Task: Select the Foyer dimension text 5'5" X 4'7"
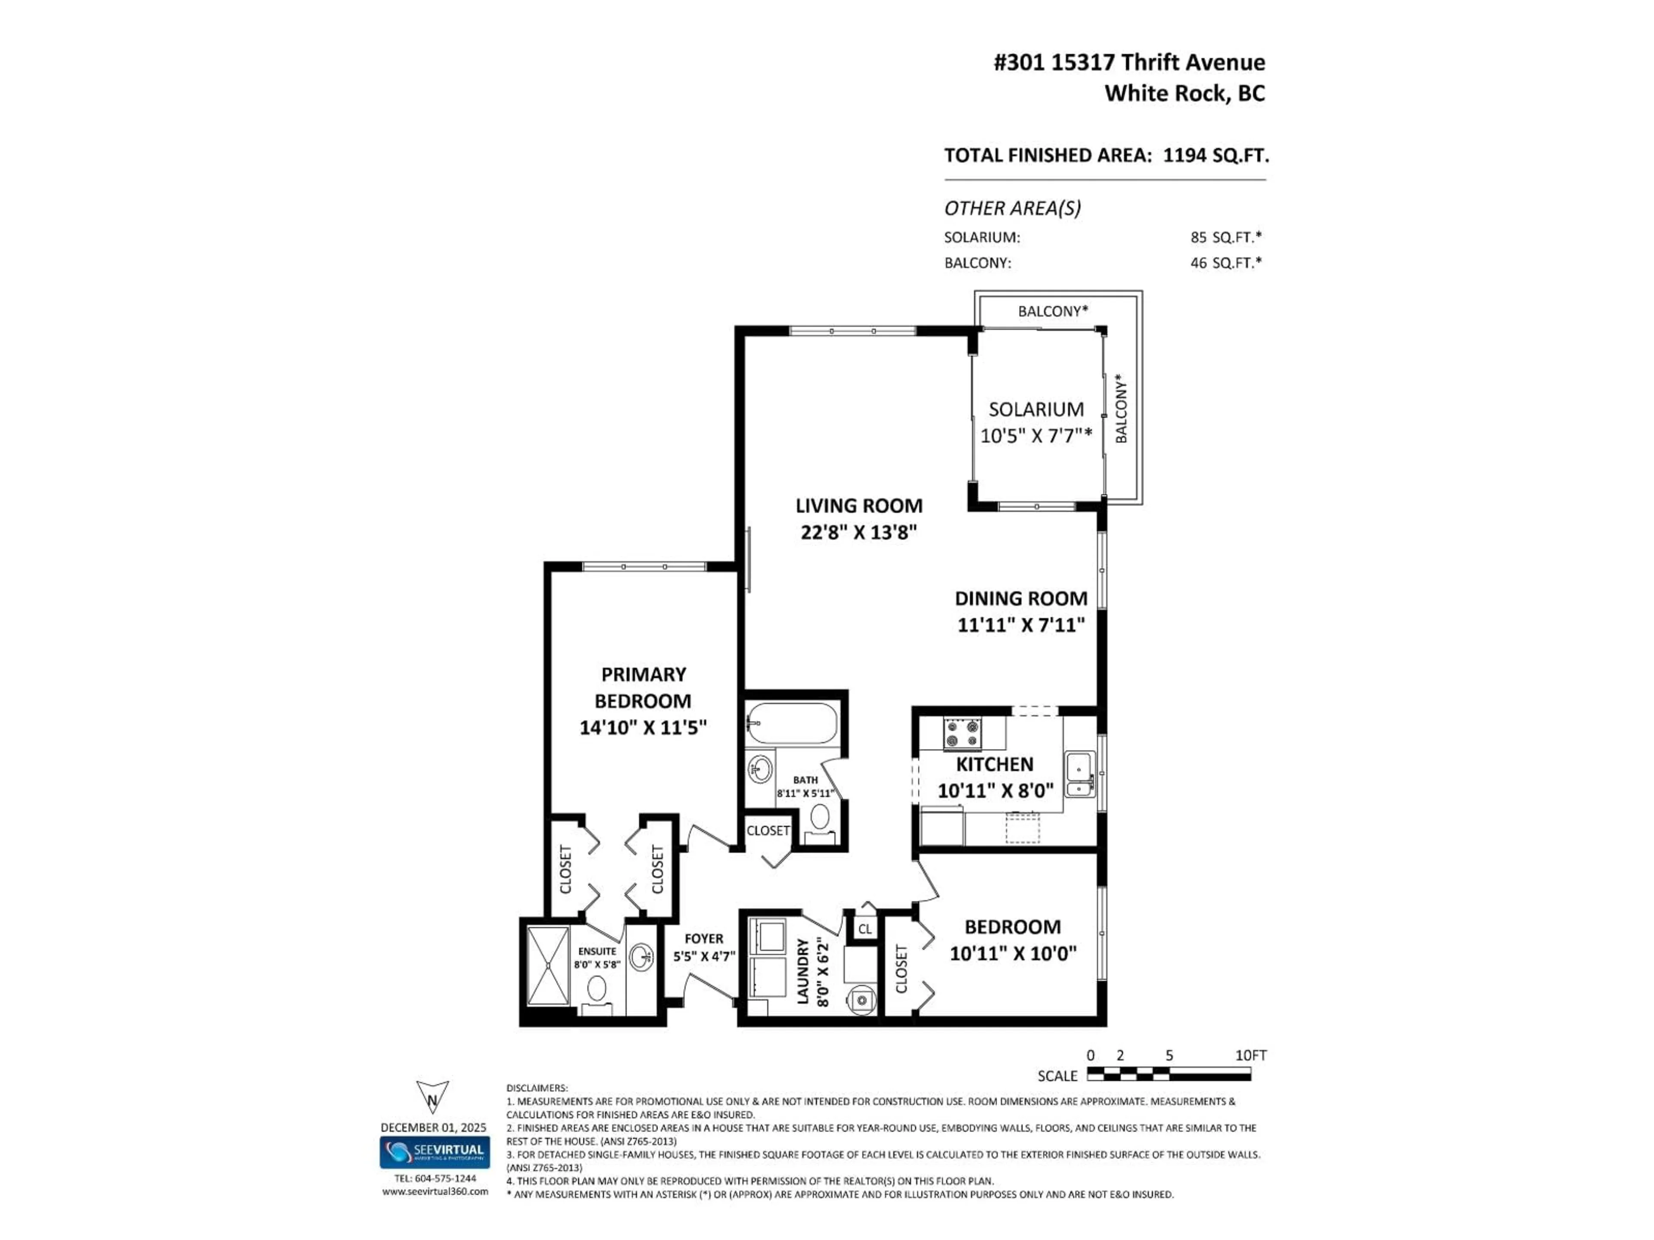[704, 956]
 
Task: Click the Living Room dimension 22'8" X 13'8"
[858, 532]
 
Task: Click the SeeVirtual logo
[435, 1152]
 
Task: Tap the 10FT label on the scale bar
[1250, 1055]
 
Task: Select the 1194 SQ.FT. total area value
[1216, 155]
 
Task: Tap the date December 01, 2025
[433, 1127]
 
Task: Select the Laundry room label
[803, 971]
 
